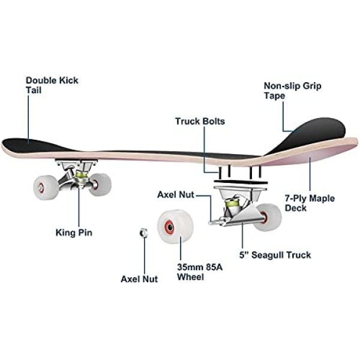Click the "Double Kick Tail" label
52,85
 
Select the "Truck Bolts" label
200,121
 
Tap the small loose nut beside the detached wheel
143,232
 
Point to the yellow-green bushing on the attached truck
80,174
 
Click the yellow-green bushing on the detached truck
232,208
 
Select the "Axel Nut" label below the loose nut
139,279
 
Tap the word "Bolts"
214,121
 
